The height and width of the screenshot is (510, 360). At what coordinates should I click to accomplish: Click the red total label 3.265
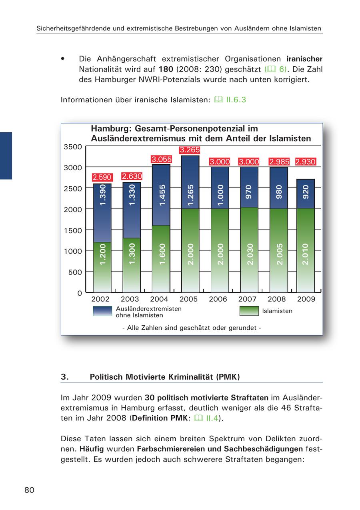pyautogui.click(x=190, y=150)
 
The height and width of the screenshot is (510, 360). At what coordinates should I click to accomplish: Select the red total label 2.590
pyautogui.click(x=102, y=177)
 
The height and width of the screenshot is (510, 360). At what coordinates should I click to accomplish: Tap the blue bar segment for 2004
pyautogui.click(x=161, y=195)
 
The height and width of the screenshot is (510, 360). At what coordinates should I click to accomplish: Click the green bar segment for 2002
pyautogui.click(x=102, y=267)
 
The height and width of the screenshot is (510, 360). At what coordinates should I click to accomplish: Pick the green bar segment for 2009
pyautogui.click(x=306, y=250)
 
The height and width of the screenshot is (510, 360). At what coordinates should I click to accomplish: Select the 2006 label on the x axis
pyautogui.click(x=218, y=299)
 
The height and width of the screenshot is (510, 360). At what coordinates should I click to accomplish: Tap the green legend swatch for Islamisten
pyautogui.click(x=249, y=311)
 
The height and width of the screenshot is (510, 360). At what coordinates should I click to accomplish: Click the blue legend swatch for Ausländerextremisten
pyautogui.click(x=102, y=311)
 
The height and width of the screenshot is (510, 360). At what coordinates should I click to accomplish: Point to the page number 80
pyautogui.click(x=29, y=490)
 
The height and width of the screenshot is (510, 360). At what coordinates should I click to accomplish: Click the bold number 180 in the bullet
pyautogui.click(x=166, y=69)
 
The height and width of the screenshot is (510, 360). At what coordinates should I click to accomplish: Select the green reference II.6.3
pyautogui.click(x=236, y=100)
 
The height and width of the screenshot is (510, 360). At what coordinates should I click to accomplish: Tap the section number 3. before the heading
pyautogui.click(x=65, y=377)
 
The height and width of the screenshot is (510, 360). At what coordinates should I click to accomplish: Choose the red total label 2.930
pyautogui.click(x=306, y=162)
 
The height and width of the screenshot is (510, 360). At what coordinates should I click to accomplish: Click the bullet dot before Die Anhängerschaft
pyautogui.click(x=63, y=59)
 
